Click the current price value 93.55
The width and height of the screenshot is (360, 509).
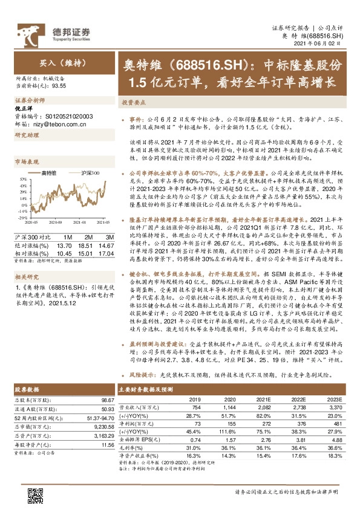pos(59,86)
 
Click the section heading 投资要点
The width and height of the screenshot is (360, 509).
pos(132,103)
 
